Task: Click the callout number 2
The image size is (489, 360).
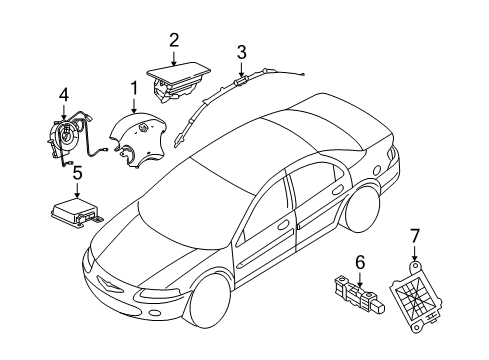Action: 173,40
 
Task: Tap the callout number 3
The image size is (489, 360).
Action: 241,51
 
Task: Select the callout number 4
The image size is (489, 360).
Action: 63,96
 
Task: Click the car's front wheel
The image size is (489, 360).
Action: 204,318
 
